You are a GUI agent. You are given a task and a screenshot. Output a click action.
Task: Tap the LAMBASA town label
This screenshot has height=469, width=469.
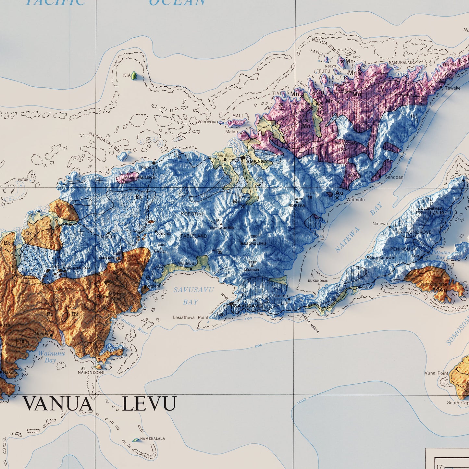pyautogui.click(x=255, y=161)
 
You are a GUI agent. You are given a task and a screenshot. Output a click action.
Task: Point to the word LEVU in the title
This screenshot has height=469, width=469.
pyautogui.click(x=149, y=404)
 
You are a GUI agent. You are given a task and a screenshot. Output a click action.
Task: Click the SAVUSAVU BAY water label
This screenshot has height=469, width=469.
pyautogui.click(x=189, y=296)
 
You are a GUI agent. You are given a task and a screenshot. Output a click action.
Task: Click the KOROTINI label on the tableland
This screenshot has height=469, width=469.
pyautogui.click(x=192, y=214)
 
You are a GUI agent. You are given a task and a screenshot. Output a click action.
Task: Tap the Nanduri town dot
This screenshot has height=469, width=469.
pyautogui.click(x=154, y=162)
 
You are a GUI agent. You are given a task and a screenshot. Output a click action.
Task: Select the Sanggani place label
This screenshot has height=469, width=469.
pyautogui.click(x=395, y=177)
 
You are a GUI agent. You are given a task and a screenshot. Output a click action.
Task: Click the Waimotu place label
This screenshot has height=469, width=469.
pyautogui.click(x=355, y=200)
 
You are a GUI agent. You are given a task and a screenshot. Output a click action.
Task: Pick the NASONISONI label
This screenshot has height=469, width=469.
pyautogui.click(x=91, y=373)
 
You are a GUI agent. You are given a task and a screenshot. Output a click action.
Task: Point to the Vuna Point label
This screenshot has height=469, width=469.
pyautogui.click(x=436, y=373)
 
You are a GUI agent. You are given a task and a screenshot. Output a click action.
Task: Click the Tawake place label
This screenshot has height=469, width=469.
pyautogui.click(x=452, y=88)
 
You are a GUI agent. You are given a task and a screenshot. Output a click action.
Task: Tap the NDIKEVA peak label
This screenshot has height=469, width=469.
pyautogui.click(x=297, y=205)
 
